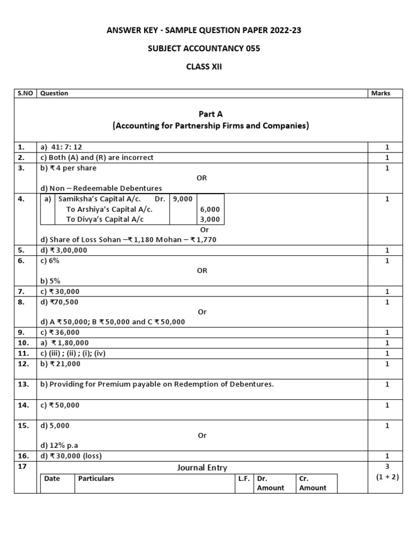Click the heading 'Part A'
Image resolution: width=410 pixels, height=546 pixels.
[202, 114]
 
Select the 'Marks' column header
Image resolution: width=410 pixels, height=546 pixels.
[380, 93]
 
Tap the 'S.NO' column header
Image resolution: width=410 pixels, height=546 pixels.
[25, 93]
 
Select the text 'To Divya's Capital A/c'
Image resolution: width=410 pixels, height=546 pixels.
[105, 219]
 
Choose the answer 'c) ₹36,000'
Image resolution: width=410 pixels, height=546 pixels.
[60, 332]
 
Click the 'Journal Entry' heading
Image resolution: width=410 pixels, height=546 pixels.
[202, 468]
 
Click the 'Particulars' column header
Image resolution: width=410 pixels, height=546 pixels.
[96, 478]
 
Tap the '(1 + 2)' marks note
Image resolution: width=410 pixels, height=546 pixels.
[387, 477]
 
